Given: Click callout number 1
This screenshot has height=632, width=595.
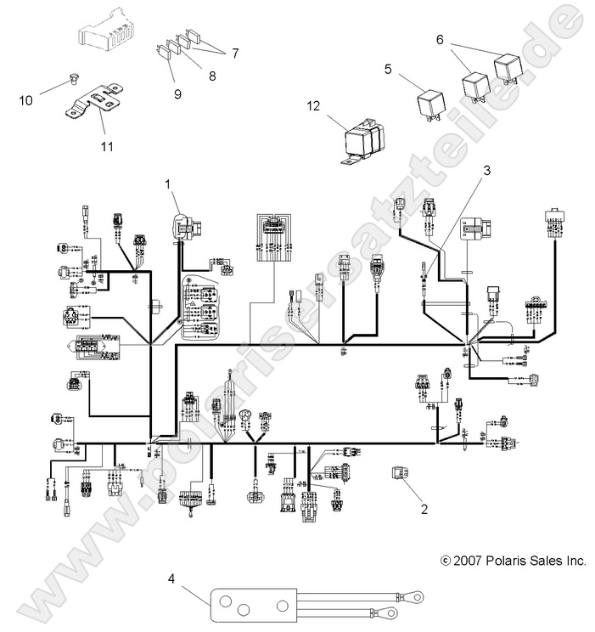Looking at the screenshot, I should tap(168, 183).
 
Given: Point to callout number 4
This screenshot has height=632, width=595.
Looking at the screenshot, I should tap(172, 579).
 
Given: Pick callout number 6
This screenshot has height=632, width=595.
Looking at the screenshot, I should tap(441, 40).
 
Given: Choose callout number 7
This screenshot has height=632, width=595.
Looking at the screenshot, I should tap(234, 53).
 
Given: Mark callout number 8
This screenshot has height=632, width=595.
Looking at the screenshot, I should tap(211, 76).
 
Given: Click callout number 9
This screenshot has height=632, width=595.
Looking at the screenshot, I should tap(178, 93).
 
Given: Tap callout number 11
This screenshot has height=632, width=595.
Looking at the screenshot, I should tap(107, 146).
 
